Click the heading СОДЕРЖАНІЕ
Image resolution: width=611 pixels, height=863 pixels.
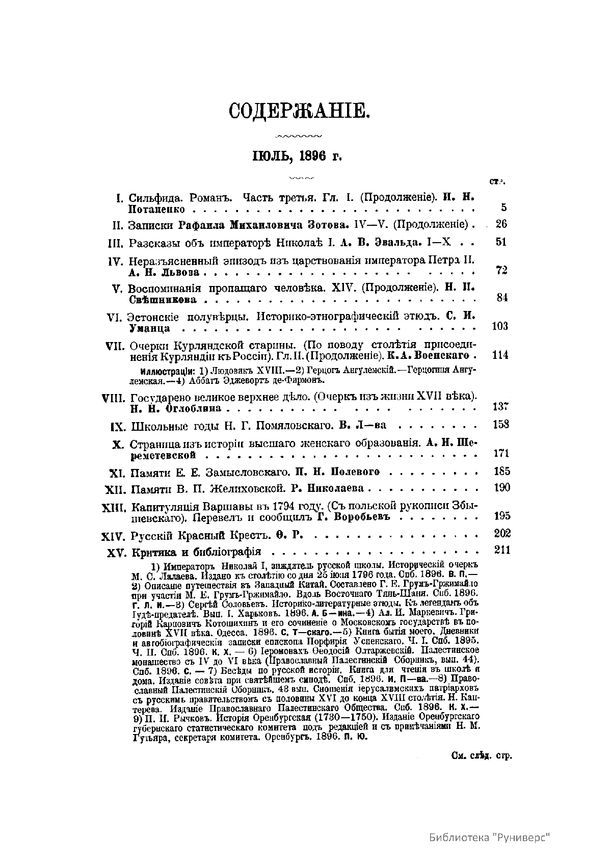click(298, 111)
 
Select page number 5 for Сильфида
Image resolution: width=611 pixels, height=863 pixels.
click(503, 207)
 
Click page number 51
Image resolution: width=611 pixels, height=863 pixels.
click(501, 242)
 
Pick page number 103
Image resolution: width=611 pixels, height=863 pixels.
click(500, 326)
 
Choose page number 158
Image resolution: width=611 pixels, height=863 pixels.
click(500, 425)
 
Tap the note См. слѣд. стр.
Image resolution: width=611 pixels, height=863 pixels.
click(482, 755)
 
